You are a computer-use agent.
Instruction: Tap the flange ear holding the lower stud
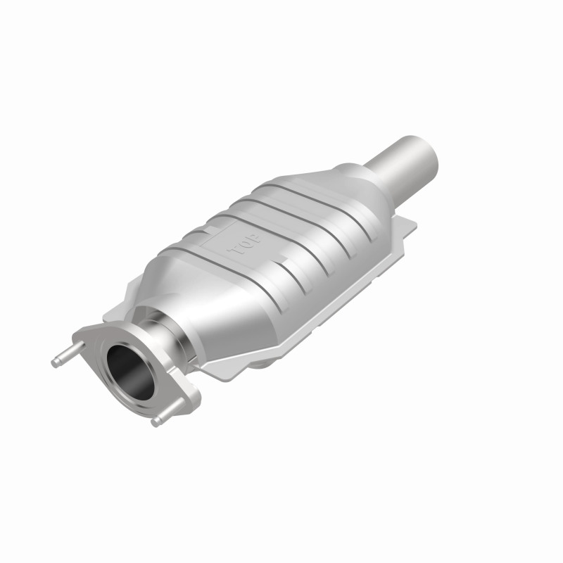coord(184,403)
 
